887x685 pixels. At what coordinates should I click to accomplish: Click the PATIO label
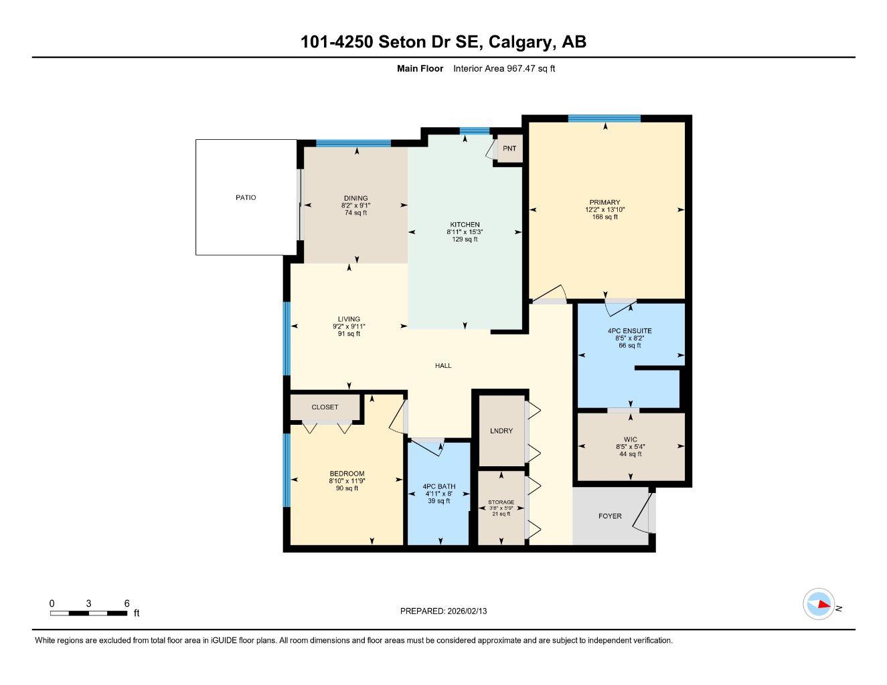[x=246, y=197]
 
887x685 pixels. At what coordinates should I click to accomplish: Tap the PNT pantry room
[x=509, y=149]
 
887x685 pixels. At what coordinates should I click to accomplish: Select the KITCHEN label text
[x=465, y=225]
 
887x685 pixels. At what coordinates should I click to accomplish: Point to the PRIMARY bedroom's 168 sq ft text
[x=604, y=217]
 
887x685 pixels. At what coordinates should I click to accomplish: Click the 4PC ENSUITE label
[x=629, y=331]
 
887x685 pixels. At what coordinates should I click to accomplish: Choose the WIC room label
[x=630, y=439]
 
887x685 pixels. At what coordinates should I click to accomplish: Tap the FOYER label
[x=610, y=516]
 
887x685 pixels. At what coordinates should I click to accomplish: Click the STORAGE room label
[x=501, y=502]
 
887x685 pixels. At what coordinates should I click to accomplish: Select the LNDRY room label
[x=501, y=431]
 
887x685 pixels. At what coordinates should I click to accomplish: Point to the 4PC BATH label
[x=439, y=486]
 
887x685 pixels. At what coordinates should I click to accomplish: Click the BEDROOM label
[x=347, y=474]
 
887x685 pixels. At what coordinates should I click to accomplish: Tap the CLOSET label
[x=325, y=407]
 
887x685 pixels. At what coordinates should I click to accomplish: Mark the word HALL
[x=443, y=366]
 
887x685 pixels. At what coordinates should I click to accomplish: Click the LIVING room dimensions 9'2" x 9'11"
[x=349, y=326]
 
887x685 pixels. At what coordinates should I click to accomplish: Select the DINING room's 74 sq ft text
[x=356, y=213]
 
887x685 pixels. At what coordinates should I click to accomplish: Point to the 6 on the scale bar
[x=127, y=603]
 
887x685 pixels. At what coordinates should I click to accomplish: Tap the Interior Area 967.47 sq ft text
[x=504, y=68]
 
